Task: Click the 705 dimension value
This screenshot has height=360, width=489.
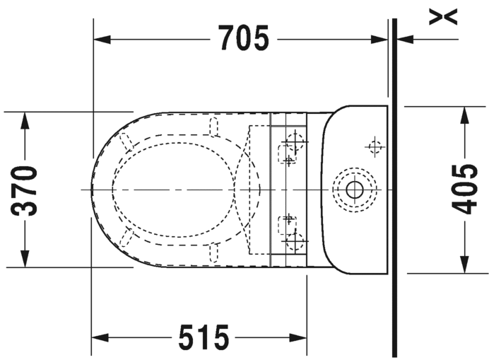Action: tap(243, 37)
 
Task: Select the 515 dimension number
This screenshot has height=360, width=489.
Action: tap(204, 337)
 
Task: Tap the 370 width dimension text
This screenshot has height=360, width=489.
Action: tap(24, 191)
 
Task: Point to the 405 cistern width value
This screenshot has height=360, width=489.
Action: tap(465, 190)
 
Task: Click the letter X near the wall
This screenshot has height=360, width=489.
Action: tap(443, 17)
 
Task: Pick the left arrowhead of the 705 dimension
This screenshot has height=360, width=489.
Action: tap(102, 40)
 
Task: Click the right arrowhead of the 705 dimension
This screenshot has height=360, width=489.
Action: tap(379, 40)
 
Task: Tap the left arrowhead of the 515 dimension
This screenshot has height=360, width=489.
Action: tap(100, 337)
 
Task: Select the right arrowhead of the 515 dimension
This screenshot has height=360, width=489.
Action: tap(298, 337)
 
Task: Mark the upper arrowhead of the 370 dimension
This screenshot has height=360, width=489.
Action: tap(25, 120)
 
